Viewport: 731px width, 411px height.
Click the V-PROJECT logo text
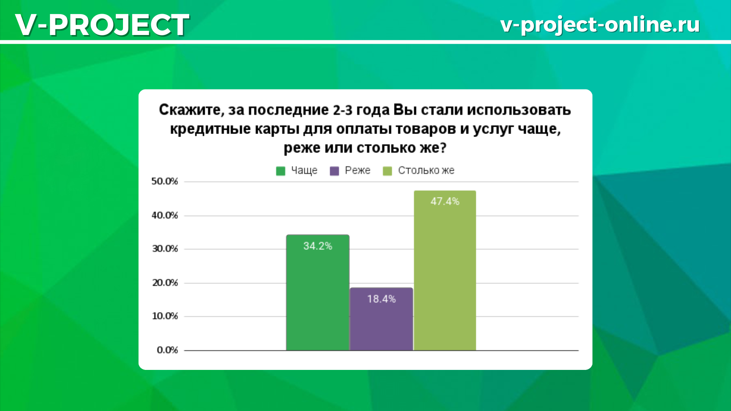point(102,25)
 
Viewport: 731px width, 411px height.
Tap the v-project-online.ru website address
point(600,25)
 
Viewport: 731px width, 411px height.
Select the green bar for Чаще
point(318,292)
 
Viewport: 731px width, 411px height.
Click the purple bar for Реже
point(381,319)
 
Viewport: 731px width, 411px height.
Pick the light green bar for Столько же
point(445,270)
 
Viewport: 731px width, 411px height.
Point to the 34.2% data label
point(318,246)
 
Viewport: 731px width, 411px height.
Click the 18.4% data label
point(381,299)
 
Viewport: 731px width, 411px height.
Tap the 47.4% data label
point(445,201)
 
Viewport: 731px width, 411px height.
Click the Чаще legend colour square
point(281,171)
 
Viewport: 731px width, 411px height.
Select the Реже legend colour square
point(334,171)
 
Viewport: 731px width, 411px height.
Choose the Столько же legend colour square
point(387,171)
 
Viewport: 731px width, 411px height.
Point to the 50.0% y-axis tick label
point(165,181)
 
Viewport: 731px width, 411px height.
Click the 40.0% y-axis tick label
point(165,215)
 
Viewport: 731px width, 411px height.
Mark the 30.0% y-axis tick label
point(165,249)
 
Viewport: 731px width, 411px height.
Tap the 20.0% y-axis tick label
point(165,283)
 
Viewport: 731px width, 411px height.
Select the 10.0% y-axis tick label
point(165,316)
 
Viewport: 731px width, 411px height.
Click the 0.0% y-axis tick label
point(167,350)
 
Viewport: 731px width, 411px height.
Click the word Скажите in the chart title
point(190,110)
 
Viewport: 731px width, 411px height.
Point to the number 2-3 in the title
point(343,110)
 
